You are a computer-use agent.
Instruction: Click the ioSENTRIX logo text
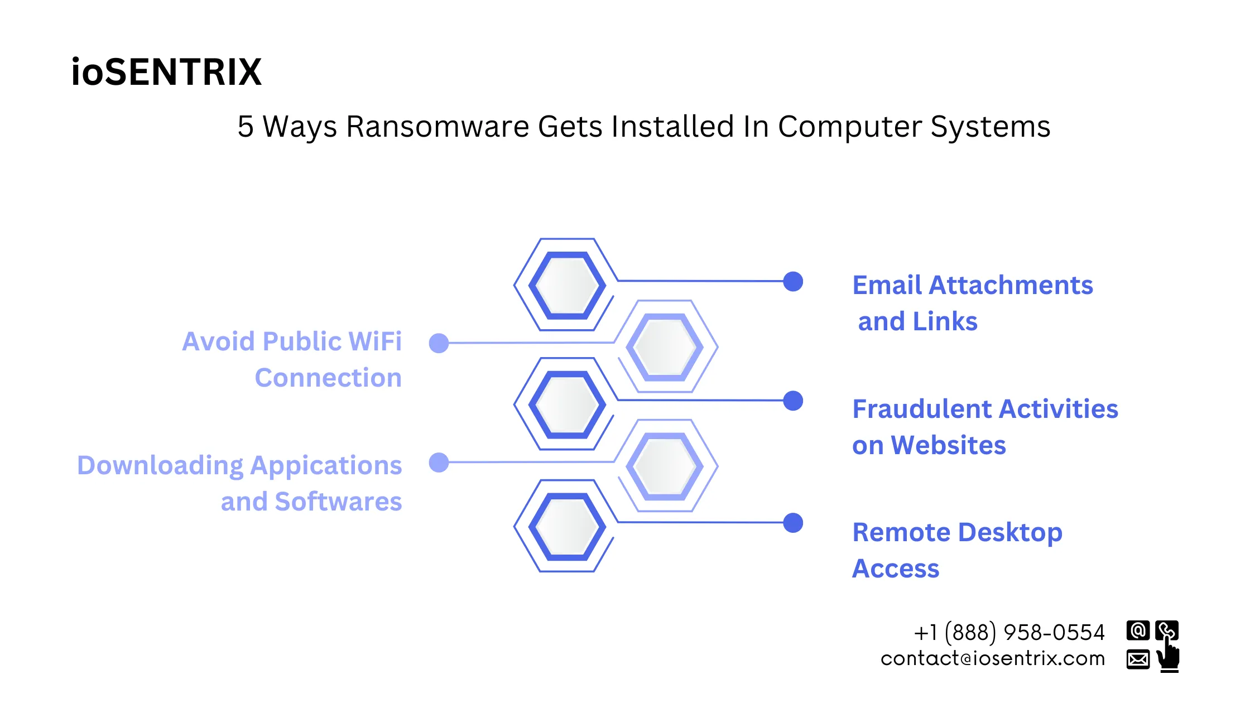point(166,73)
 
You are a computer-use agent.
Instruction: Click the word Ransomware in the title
point(437,127)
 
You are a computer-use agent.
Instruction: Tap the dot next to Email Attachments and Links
point(792,281)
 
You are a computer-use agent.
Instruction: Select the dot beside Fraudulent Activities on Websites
point(792,401)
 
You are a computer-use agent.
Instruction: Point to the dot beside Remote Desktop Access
point(792,523)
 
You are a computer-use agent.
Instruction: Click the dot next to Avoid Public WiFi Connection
point(439,343)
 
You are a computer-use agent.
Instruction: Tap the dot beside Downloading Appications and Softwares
point(439,463)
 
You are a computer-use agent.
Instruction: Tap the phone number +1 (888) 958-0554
point(1009,633)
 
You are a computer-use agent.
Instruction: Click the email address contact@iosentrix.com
point(992,659)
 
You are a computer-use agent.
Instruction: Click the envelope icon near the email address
point(1138,659)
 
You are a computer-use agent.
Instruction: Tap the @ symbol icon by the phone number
point(1138,630)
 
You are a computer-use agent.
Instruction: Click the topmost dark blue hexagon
point(567,285)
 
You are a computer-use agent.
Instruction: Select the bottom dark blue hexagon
point(567,526)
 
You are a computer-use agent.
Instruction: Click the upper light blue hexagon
point(664,346)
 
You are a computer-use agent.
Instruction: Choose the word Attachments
point(1010,285)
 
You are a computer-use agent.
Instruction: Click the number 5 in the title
point(246,127)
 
